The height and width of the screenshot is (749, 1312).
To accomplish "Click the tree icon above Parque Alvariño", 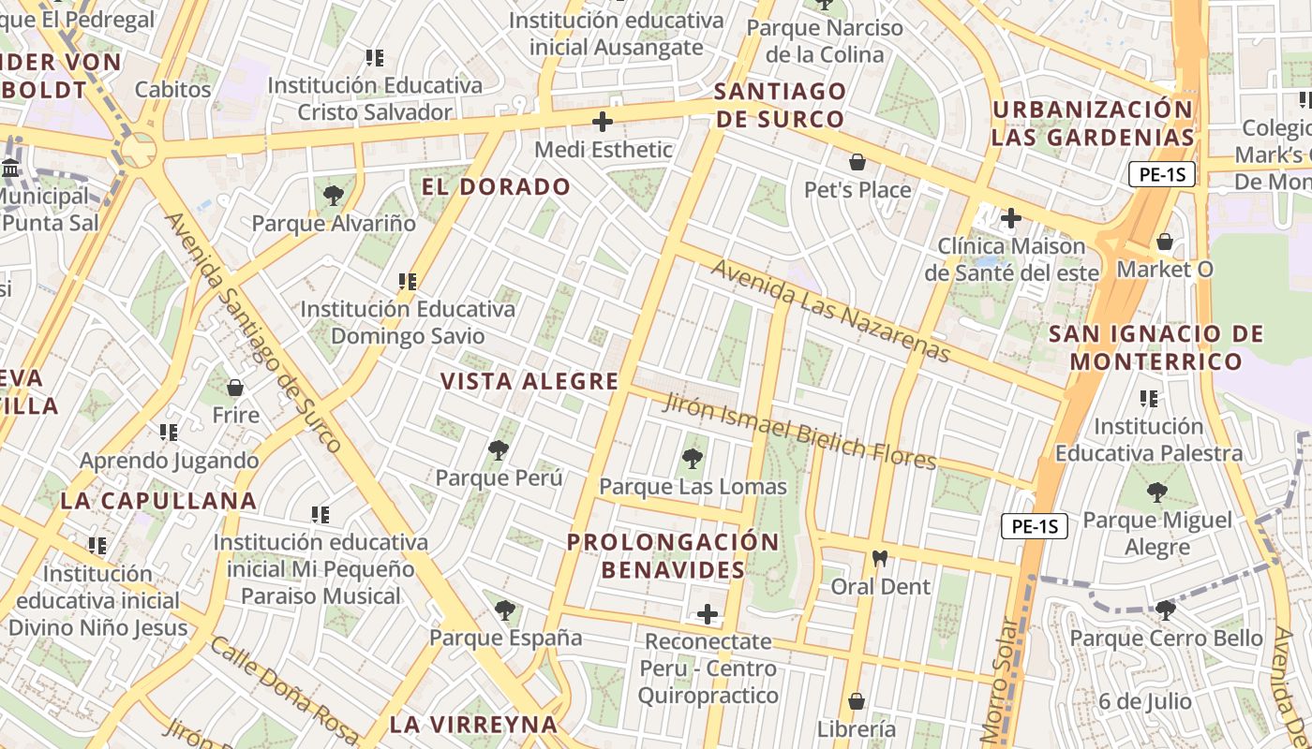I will pos(333,196).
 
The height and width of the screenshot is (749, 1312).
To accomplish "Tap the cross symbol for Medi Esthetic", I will pos(603,122).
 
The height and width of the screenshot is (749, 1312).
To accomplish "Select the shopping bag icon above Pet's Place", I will pos(857,163).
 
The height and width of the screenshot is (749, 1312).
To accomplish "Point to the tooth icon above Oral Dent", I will pos(879,559).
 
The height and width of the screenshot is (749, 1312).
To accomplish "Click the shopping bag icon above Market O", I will pos(1165,242).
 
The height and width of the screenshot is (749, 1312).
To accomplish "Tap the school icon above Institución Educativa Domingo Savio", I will pos(407,281).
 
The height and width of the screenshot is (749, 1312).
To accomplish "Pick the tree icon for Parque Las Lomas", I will pos(693,459).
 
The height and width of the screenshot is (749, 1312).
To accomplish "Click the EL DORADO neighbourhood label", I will pos(496,186).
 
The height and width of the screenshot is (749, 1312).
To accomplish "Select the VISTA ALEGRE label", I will pos(529,381).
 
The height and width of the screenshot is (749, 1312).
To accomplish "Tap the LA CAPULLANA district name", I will pos(158,500).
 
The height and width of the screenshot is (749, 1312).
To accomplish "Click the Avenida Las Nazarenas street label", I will pos(830,310).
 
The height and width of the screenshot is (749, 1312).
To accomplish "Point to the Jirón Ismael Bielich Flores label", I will pos(799,432).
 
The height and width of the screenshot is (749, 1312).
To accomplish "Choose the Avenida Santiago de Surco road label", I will pos(253,332).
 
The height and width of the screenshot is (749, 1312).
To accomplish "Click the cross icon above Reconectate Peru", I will pos(708,614).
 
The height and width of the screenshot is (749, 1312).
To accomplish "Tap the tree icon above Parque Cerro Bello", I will pos(1166,610).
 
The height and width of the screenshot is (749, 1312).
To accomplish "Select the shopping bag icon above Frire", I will pos(235,388).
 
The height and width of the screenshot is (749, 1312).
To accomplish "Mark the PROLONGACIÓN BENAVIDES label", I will pos(673,555).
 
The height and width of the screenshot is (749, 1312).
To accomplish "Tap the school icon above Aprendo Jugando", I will pos(169,433).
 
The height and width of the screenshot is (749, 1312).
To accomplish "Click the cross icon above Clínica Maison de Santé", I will pos(1010,219).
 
